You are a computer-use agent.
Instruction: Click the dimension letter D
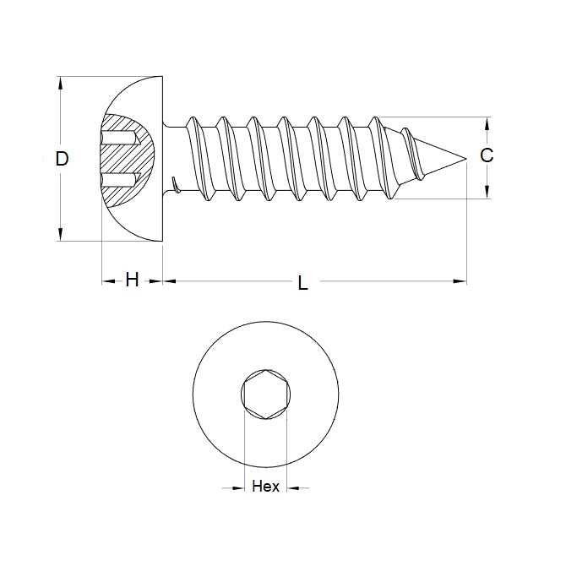tap(62, 159)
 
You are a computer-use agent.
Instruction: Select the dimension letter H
tap(132, 280)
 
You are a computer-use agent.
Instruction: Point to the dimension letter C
tap(487, 155)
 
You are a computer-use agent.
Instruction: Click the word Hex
tap(264, 487)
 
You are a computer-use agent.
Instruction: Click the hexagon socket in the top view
tap(264, 395)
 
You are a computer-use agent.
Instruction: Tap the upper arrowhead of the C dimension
tap(487, 122)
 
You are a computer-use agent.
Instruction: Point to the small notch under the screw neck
tap(175, 183)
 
